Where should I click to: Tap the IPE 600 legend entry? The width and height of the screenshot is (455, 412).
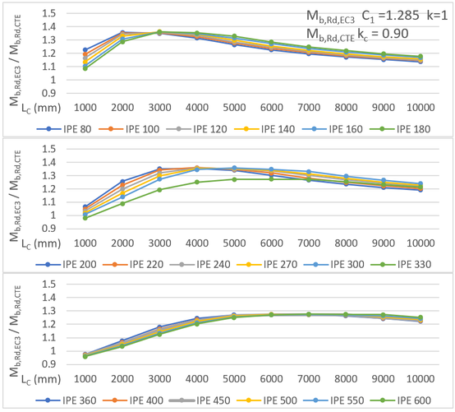pos(409,400)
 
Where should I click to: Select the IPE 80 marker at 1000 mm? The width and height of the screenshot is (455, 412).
pos(85,50)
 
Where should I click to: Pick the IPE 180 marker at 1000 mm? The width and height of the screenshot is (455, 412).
pos(85,68)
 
